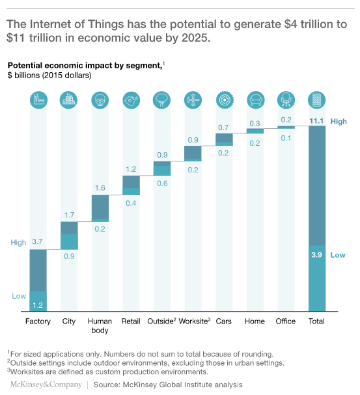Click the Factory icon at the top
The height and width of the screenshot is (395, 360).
pos(38,100)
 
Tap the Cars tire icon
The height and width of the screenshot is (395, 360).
pos(225,100)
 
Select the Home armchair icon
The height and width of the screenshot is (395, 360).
pos(255,100)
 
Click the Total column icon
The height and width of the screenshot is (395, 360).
pos(316,100)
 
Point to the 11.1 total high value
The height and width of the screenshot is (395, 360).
pos(316,121)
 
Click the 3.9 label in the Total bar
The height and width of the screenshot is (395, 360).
pos(316,255)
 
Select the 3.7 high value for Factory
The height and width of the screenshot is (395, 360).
pos(38,242)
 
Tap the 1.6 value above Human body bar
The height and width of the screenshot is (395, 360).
pos(100,187)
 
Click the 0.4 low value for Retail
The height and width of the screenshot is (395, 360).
pos(131,203)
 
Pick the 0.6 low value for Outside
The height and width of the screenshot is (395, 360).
pos(162,183)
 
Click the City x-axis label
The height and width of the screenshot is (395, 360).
pos(68,321)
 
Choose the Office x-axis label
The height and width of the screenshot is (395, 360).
pos(285,321)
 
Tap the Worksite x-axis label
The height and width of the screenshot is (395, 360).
pos(194,321)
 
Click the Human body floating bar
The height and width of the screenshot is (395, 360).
pos(100,208)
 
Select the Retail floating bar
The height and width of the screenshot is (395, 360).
pos(131,185)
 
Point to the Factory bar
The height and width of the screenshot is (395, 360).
pos(38,273)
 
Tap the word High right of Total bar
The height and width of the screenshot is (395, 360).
pos(339,122)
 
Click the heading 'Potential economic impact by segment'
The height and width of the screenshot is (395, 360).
pos(85,66)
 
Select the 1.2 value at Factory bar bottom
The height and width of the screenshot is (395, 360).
pos(38,304)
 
